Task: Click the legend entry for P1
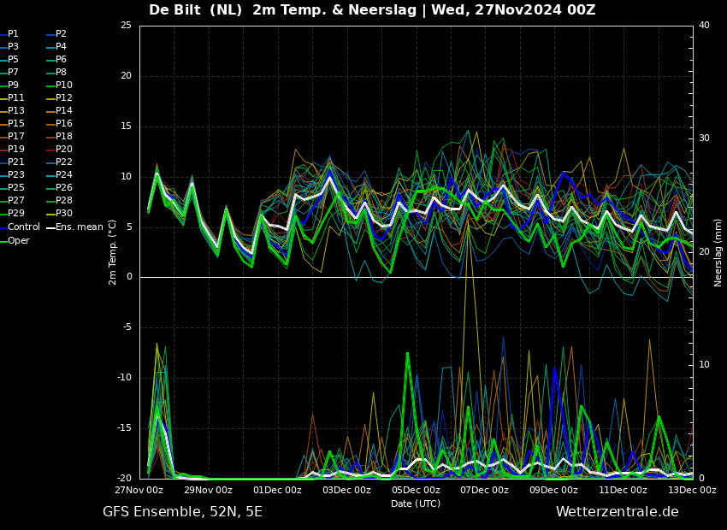[x=9, y=34]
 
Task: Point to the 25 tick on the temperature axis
[x=126, y=25]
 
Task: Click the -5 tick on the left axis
[x=127, y=327]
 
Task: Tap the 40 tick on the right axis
[x=704, y=25]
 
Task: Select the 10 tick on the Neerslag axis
[x=704, y=365]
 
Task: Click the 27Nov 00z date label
[x=139, y=490]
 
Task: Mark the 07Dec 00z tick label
[x=484, y=490]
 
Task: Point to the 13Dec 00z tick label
[x=692, y=490]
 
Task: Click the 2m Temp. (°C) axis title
[x=113, y=252]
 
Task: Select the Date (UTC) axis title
[x=416, y=503]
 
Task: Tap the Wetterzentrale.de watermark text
[x=618, y=512]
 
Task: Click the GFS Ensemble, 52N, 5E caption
[x=182, y=512]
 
